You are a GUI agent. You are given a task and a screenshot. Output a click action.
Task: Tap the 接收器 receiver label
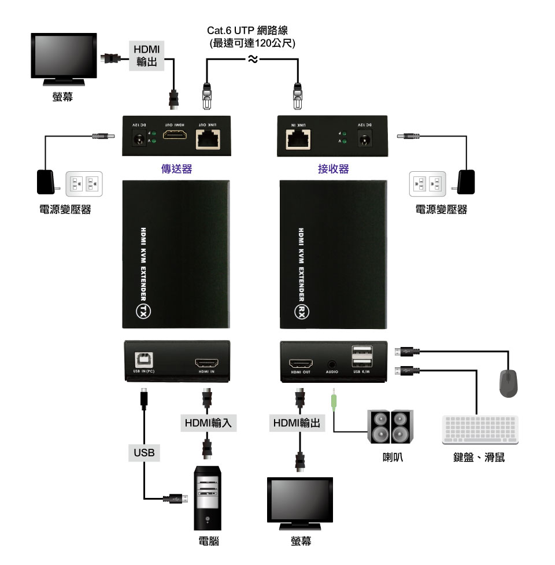click(x=334, y=169)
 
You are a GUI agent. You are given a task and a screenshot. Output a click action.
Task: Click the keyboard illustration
click(x=479, y=430)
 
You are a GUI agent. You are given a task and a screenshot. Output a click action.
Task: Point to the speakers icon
click(x=390, y=427)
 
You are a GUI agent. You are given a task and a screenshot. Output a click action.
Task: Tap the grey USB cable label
click(x=144, y=452)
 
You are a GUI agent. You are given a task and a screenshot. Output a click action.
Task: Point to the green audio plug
click(x=333, y=400)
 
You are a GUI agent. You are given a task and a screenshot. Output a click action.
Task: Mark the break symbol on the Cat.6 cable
click(x=252, y=59)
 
